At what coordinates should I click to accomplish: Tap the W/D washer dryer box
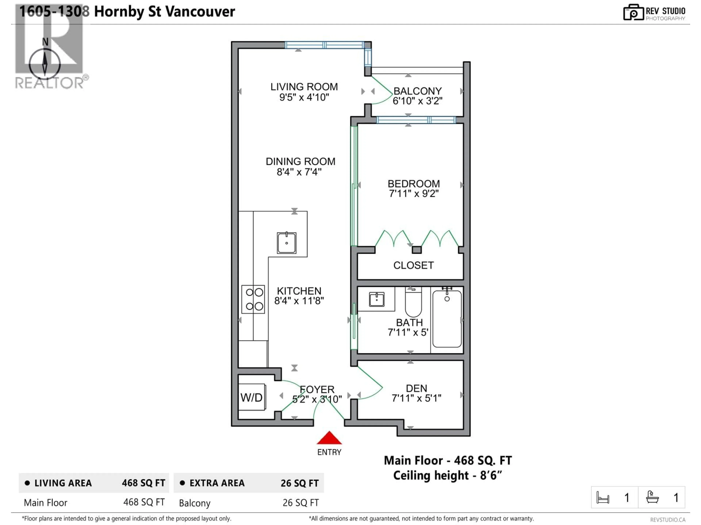pos(252,397)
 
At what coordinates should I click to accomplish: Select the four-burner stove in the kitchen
pos(253,299)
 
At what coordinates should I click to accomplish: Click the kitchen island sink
pos(286,243)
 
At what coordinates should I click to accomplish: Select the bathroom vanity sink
pos(376,299)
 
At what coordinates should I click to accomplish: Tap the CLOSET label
pos(413,265)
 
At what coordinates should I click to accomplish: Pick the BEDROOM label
pos(413,184)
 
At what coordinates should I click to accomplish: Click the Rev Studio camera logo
pos(633,12)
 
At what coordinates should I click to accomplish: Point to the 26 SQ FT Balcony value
pos(300,503)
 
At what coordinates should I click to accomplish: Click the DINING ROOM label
pos(300,161)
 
